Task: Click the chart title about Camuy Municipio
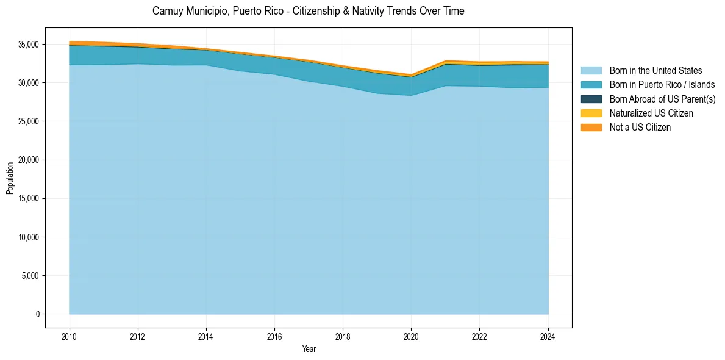pyautogui.click(x=308, y=11)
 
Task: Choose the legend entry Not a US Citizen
pyautogui.click(x=640, y=127)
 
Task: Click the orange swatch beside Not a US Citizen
pyautogui.click(x=591, y=127)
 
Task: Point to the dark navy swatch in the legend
pyautogui.click(x=591, y=99)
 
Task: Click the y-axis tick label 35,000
pyautogui.click(x=28, y=45)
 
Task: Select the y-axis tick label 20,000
pyautogui.click(x=28, y=160)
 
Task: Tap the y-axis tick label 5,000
pyautogui.click(x=30, y=276)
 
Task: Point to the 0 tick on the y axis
pyautogui.click(x=37, y=314)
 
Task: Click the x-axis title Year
pyautogui.click(x=309, y=349)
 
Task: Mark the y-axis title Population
pyautogui.click(x=10, y=178)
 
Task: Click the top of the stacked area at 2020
pyautogui.click(x=411, y=75)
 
